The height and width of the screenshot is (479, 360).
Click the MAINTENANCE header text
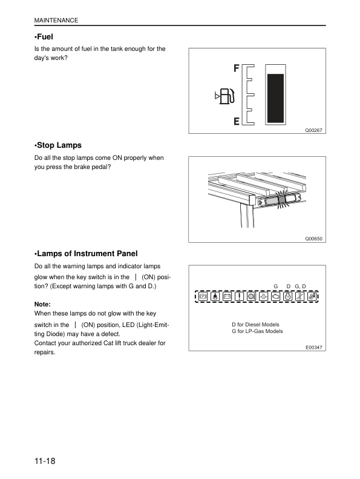[56, 21]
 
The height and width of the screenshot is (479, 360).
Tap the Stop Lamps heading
[58, 145]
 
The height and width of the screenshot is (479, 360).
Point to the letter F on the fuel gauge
[237, 68]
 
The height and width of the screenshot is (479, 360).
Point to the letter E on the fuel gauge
[237, 121]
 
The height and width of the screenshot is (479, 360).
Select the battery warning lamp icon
[227, 297]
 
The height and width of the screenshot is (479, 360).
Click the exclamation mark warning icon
[239, 297]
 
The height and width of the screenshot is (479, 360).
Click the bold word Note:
[44, 304]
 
